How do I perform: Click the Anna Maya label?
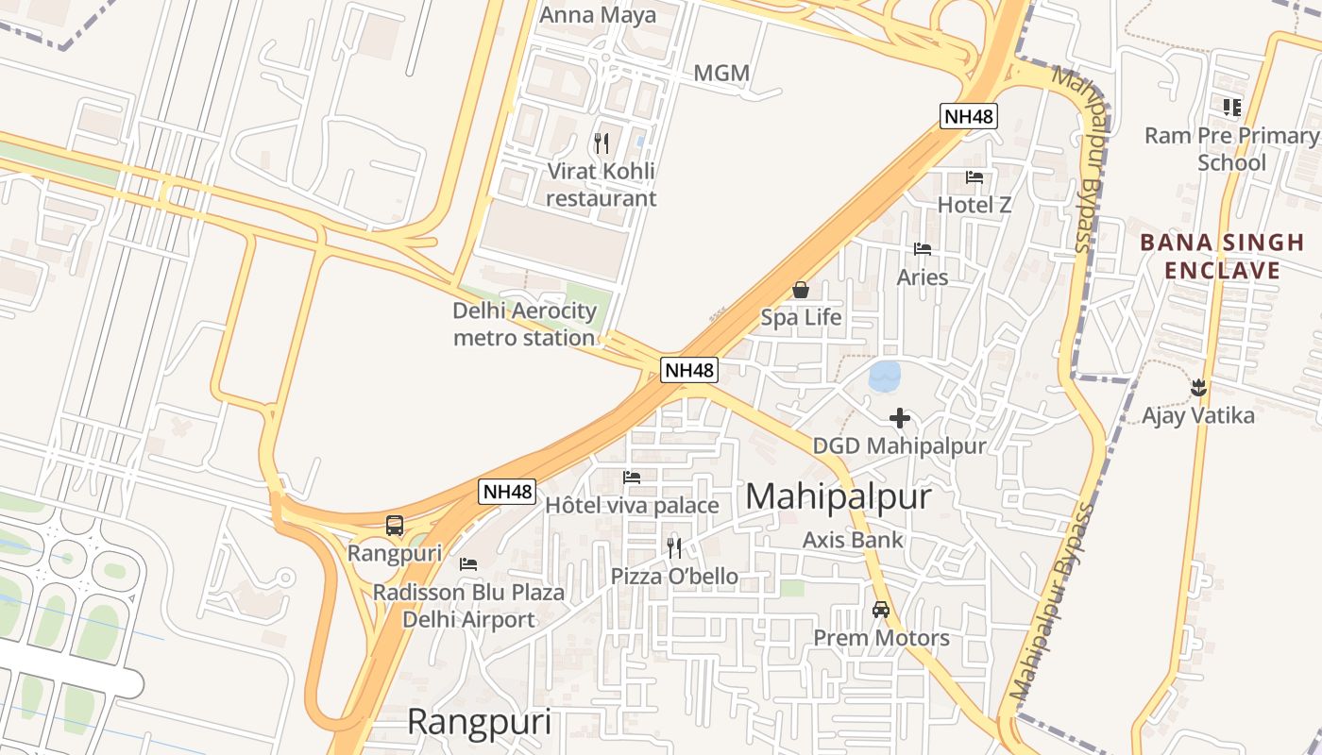[x=597, y=16]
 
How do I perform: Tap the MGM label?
[x=721, y=74]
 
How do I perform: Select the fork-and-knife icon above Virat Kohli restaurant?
[x=602, y=143]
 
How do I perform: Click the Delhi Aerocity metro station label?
[x=525, y=324]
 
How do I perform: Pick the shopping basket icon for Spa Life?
[x=801, y=291]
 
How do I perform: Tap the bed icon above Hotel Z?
[x=975, y=177]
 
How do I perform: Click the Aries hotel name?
[x=923, y=277]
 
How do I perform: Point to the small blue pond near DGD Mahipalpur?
[x=885, y=376]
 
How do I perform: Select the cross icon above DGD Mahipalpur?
[x=900, y=417]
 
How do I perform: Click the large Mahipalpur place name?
[x=839, y=497]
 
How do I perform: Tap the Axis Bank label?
[x=853, y=540]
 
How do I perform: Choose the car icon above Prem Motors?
[x=881, y=610]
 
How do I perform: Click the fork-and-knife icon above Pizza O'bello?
[x=674, y=547]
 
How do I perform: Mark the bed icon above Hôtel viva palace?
[x=632, y=478]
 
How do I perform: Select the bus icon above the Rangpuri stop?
[x=395, y=526]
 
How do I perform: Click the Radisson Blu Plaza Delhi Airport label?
[x=468, y=606]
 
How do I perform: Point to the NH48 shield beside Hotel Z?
[x=969, y=117]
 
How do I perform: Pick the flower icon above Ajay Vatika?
[x=1198, y=387]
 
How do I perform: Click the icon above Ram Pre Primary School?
[x=1231, y=108]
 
